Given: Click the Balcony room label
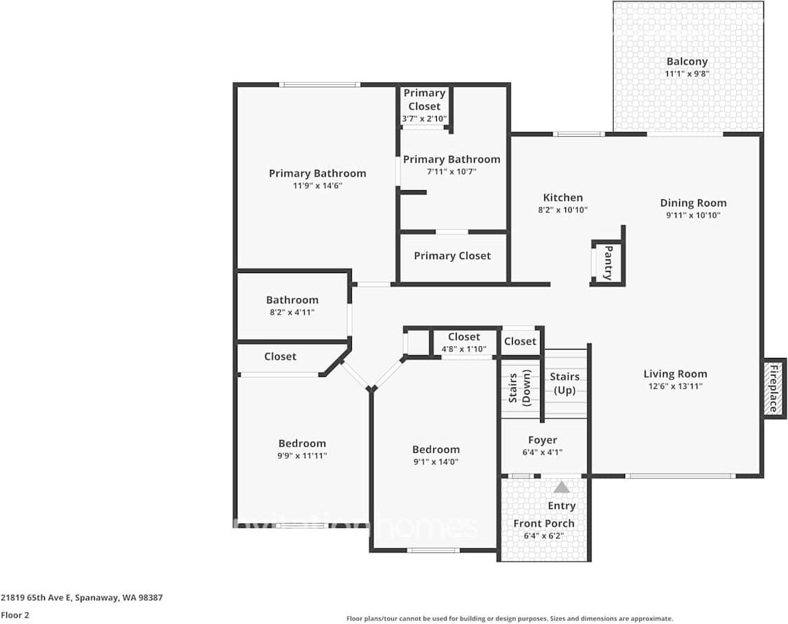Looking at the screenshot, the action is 687,61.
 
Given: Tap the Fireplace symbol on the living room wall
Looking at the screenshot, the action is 774,388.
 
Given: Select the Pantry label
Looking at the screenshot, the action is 608,263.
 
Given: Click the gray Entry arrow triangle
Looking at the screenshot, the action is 561,487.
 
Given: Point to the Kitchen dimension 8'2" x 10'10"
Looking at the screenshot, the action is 563,210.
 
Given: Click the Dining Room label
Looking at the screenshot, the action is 693,203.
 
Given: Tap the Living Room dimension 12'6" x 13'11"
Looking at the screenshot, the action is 676,386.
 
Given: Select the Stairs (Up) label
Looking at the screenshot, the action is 565,383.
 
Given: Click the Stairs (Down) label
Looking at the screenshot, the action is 519,388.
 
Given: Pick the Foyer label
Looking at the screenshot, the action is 542,440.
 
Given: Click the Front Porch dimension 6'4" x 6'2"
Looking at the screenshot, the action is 544,536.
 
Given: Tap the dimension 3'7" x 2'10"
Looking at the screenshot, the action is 424,119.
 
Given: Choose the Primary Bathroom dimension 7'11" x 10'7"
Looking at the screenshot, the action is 452,172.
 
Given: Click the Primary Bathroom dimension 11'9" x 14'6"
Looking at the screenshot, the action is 317,186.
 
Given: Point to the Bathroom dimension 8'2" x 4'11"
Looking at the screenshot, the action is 292,312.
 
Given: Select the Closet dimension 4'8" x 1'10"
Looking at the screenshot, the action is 464,349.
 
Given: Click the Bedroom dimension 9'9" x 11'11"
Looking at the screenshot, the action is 302,456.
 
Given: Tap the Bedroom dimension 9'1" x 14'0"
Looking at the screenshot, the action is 435,463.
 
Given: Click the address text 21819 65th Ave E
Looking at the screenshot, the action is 37,598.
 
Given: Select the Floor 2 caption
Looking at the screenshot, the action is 15,615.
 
